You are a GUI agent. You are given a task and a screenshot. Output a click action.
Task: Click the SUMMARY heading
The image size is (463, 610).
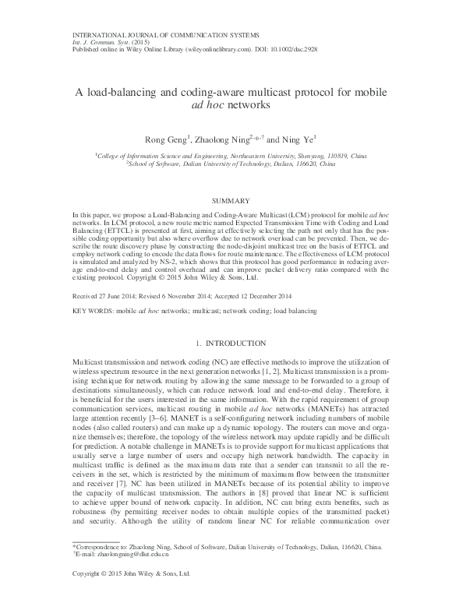pyautogui.click(x=230, y=201)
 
